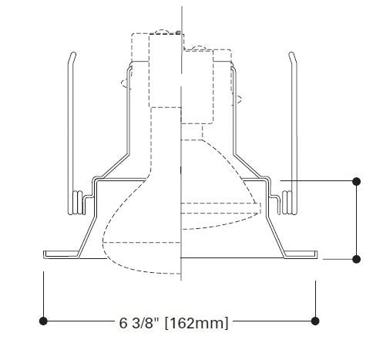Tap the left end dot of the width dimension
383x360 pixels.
pos(44,320)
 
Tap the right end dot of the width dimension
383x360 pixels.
pos(314,320)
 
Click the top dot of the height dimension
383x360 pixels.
pos(357,181)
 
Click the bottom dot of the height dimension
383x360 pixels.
pos(357,259)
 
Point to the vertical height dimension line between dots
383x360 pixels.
pos(357,220)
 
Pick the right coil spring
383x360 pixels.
pos(288,202)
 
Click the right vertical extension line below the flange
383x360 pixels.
pos(315,297)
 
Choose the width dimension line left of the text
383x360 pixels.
pos(77,320)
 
